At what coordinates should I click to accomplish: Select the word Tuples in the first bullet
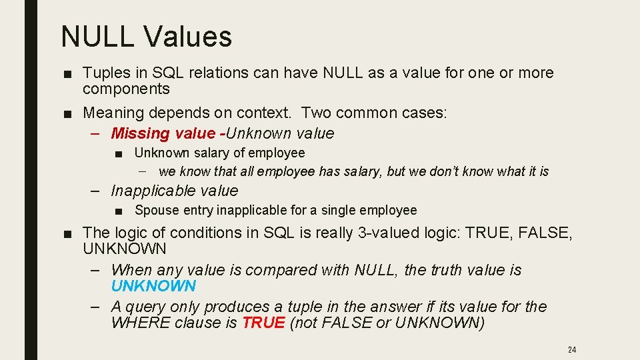click(x=105, y=73)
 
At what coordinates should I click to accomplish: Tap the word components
click(x=126, y=89)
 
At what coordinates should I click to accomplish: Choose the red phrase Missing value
click(x=163, y=133)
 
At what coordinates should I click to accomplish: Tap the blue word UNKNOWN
click(x=153, y=287)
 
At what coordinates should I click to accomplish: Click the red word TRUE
click(x=263, y=323)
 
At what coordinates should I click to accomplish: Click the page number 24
click(x=571, y=349)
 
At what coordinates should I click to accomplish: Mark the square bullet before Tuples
click(x=69, y=73)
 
